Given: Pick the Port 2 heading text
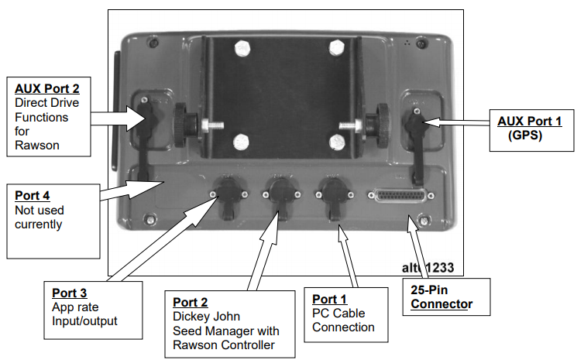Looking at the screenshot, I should point(190,301).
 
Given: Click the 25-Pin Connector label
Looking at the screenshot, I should point(441,298).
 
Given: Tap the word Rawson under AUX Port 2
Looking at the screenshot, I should point(35,144).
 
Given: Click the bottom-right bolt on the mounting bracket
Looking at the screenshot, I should point(335,142).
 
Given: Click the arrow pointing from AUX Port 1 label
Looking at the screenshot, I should point(456,122).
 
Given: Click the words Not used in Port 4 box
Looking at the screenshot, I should point(40,210).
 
